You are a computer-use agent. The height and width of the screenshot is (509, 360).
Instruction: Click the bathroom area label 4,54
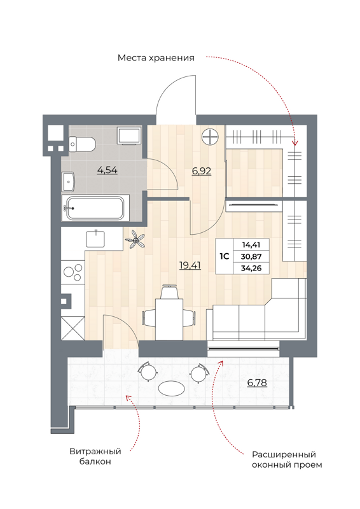click(107, 170)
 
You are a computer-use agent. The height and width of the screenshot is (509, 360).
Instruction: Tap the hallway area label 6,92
click(202, 171)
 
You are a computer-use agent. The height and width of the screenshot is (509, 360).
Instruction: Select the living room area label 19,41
click(190, 266)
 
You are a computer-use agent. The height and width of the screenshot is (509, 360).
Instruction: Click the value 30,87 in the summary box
click(251, 256)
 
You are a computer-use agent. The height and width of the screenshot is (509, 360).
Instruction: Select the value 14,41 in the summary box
click(251, 244)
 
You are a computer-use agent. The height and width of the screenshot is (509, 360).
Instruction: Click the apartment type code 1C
click(225, 256)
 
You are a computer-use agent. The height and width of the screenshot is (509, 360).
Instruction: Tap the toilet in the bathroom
click(81, 144)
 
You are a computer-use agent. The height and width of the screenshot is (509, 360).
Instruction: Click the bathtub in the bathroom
click(95, 209)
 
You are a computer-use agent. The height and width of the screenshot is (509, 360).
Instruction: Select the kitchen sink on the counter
click(96, 239)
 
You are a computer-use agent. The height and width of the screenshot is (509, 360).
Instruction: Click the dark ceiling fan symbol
click(135, 241)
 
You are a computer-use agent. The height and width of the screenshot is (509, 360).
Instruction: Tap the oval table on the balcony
click(171, 387)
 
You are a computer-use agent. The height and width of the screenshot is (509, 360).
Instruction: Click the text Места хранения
click(155, 58)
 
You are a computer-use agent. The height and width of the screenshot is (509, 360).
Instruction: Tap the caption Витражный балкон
click(96, 456)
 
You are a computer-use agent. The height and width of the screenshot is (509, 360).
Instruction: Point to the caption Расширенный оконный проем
click(284, 460)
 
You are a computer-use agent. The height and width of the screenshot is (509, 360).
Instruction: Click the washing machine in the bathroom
click(131, 136)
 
